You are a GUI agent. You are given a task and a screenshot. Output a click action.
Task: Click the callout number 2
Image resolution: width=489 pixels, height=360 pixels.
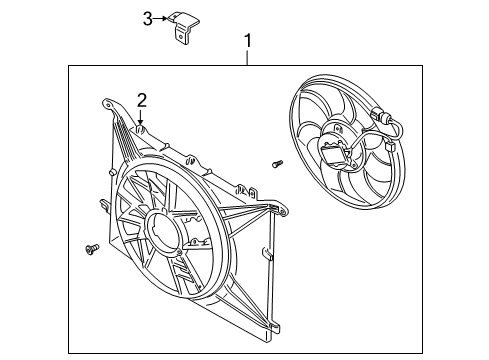click(x=142, y=99)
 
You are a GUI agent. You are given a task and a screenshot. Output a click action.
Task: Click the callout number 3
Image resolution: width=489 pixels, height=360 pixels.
click(x=147, y=19)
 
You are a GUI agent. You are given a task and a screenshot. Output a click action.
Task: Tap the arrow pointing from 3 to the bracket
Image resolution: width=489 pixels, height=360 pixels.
click(x=162, y=19)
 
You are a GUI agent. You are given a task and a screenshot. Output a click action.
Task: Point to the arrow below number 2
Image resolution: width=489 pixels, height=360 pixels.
click(x=142, y=118)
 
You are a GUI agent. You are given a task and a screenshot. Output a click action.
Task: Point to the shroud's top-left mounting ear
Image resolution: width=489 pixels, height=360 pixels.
click(x=108, y=103)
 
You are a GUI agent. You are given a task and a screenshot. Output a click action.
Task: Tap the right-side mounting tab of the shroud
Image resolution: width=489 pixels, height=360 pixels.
click(x=271, y=207)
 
